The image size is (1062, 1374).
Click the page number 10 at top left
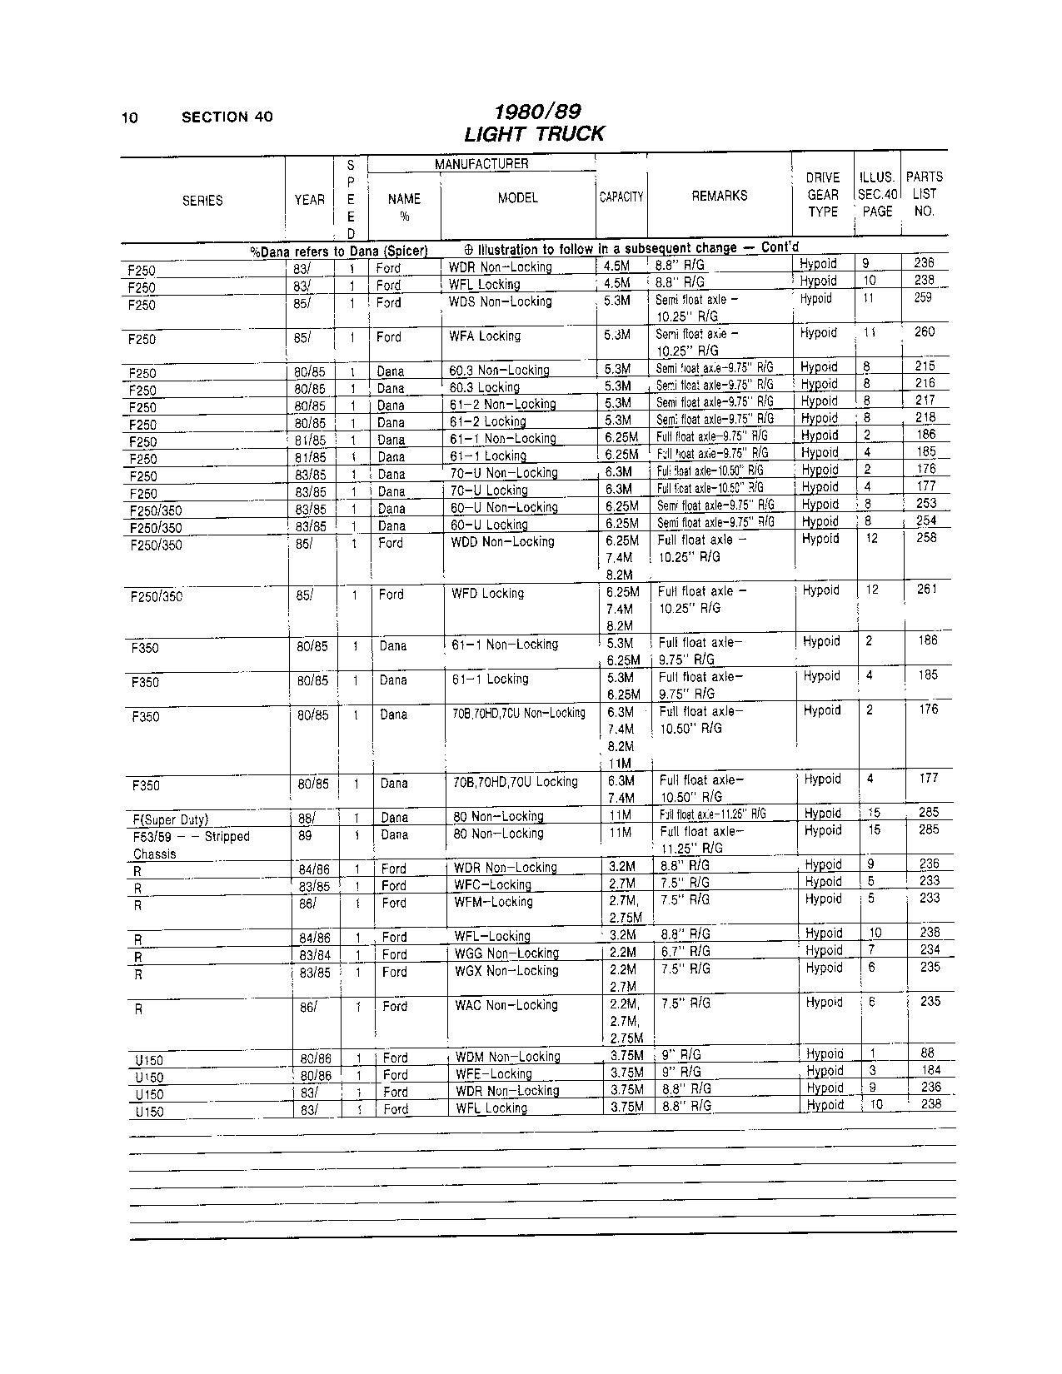coord(129,117)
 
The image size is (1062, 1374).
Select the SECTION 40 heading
coord(227,117)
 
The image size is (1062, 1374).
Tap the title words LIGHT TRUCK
coord(534,134)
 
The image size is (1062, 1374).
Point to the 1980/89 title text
coord(536,112)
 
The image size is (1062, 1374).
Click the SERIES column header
coord(202,201)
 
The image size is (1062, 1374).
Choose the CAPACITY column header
coord(621,197)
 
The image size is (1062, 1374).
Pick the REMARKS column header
coord(719,197)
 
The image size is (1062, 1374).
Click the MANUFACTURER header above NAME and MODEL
coord(481,164)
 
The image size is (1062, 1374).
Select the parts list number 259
coord(922,297)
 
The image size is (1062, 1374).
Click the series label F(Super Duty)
coord(170,819)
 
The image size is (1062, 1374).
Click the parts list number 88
coord(929,1053)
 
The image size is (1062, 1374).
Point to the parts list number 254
coord(925,520)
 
